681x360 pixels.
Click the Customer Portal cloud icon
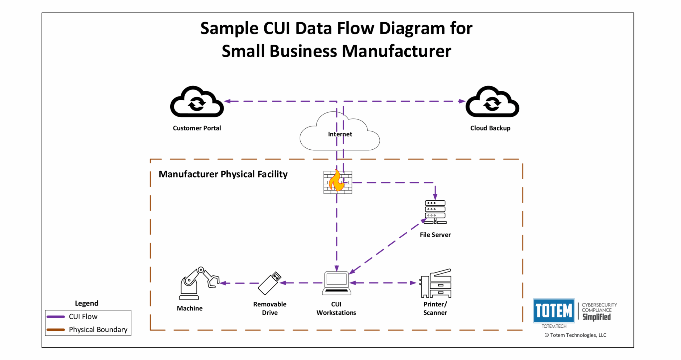click(x=197, y=102)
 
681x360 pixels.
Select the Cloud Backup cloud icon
click(x=492, y=102)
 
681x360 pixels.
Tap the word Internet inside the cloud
click(x=340, y=134)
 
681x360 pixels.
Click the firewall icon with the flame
click(x=338, y=182)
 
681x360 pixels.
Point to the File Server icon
click(x=435, y=212)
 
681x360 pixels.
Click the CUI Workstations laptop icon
click(x=337, y=283)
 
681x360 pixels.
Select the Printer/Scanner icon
click(x=436, y=283)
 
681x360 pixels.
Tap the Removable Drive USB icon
click(x=269, y=283)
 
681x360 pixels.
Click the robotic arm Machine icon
click(x=198, y=283)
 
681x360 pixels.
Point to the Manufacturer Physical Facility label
click(x=223, y=174)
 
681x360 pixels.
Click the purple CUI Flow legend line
click(x=56, y=317)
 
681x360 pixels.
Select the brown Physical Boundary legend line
click(x=56, y=330)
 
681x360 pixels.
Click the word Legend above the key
click(x=86, y=303)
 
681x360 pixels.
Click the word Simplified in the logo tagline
click(x=597, y=317)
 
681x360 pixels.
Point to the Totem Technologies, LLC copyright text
click(x=575, y=335)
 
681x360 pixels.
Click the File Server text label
click(x=435, y=235)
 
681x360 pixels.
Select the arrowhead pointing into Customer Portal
click(x=227, y=101)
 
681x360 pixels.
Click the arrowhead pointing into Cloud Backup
click(x=462, y=101)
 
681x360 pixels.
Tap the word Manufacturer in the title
click(x=396, y=51)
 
